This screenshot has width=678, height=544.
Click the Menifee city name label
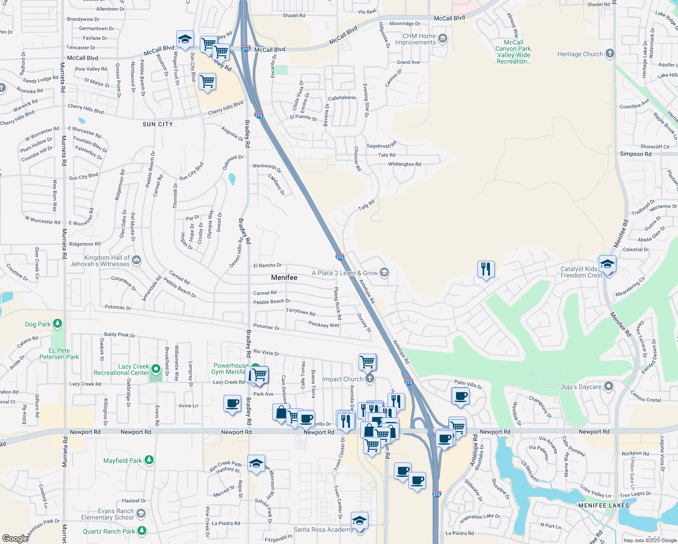click(284, 277)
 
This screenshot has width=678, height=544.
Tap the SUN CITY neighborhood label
click(158, 124)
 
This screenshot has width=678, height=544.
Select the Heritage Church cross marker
click(610, 53)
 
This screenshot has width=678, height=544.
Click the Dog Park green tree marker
click(57, 324)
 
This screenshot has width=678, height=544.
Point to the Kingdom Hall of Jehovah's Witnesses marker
click(136, 260)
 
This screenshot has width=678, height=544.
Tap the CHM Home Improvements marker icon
click(442, 39)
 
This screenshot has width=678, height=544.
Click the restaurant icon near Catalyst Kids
click(485, 269)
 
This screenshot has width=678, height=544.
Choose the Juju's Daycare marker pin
click(609, 386)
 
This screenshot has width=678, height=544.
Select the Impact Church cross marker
click(370, 379)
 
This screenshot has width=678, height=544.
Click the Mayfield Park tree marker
click(149, 460)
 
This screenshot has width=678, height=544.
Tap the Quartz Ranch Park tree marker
click(142, 530)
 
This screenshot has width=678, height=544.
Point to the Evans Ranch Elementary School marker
click(141, 514)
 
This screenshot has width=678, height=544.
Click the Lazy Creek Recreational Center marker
click(156, 369)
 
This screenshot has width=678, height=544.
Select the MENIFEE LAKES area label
click(604, 505)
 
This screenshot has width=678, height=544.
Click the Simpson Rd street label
click(635, 154)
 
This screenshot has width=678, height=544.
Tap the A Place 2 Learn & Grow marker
click(384, 272)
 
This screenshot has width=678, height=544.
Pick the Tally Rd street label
click(366, 205)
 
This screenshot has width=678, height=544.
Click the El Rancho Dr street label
click(267, 266)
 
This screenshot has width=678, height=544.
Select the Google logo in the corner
click(15, 538)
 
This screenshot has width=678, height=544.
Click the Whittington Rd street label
click(404, 165)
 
